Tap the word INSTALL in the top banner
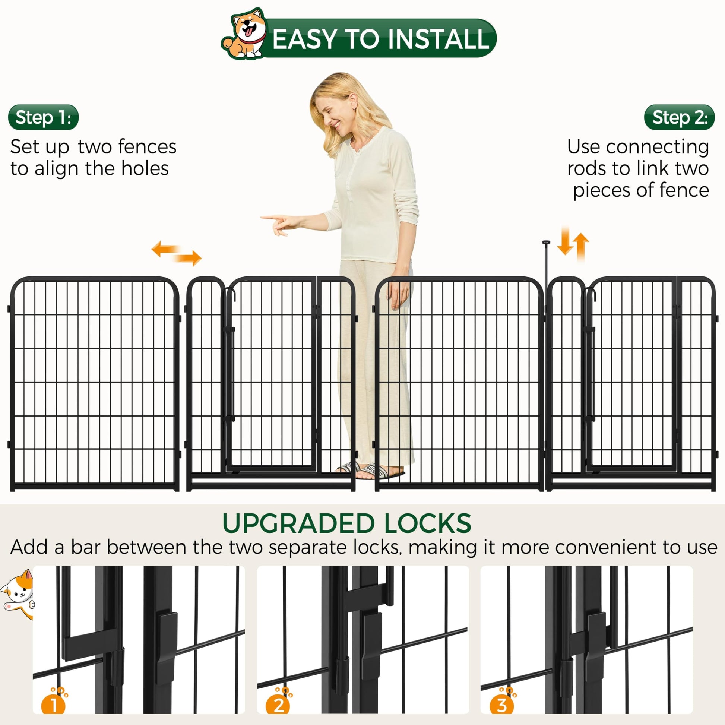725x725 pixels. point(438,39)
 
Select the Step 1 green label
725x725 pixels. point(44,117)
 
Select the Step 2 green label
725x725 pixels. point(680,117)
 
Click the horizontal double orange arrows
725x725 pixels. point(176,253)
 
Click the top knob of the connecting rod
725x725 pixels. point(546,243)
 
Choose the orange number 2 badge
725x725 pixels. point(278,705)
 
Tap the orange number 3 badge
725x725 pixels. point(502,705)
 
